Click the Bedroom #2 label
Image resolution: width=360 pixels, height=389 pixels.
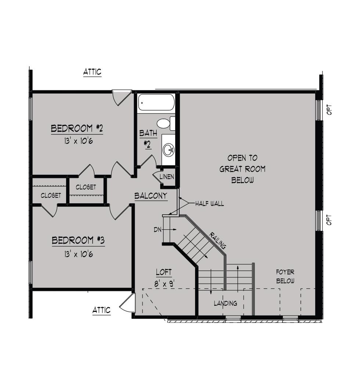pos(77,128)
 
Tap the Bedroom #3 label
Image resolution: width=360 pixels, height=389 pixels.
pos(78,240)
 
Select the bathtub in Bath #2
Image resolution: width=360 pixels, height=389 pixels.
pos(156,102)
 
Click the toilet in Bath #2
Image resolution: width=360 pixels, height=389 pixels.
pos(166,123)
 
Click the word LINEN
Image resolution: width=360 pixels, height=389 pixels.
pos(167,177)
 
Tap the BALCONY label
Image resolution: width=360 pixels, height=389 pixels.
pos(151,196)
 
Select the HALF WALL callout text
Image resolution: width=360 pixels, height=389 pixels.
pos(209,204)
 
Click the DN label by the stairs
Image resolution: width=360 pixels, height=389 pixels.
pos(157,230)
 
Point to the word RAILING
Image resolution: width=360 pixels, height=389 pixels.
pos(218,240)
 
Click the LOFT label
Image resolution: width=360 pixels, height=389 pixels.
pos(164,272)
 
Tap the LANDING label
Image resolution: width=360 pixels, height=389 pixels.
pos(226,303)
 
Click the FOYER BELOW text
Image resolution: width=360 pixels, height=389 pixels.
pos(285,276)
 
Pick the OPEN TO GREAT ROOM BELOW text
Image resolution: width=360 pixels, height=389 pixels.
pos(242,169)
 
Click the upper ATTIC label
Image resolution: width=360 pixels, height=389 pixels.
pos(92,72)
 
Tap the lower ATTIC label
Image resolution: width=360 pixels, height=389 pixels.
pos(101,310)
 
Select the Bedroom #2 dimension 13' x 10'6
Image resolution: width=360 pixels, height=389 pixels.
pos(79,141)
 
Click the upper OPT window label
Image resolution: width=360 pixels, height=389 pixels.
pos(329,109)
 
